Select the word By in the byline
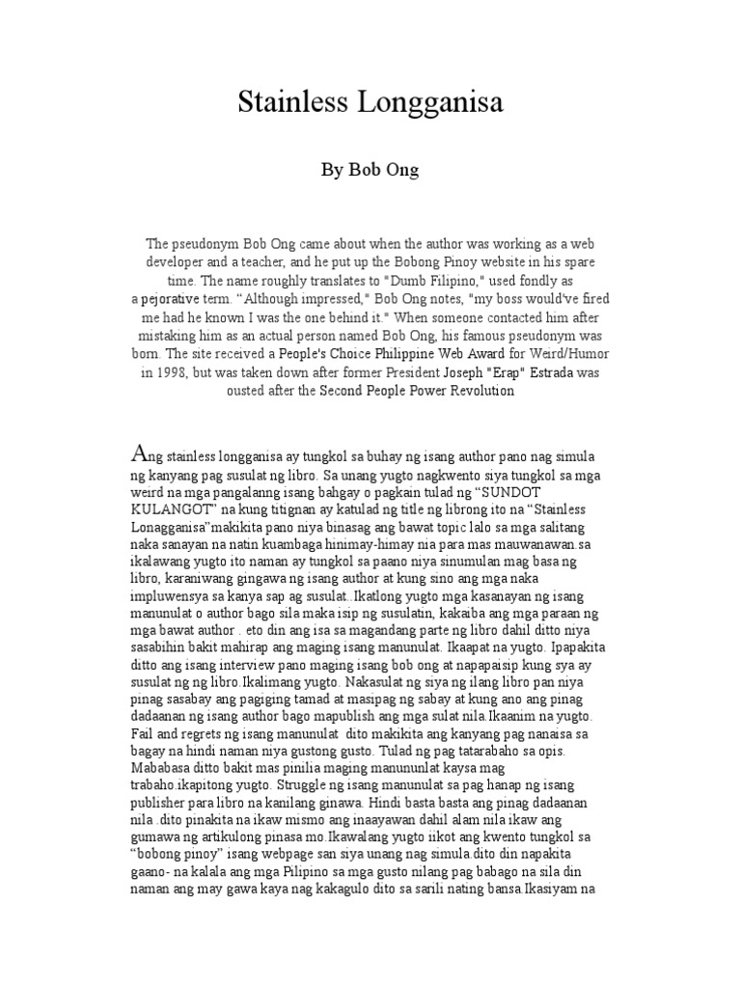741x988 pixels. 331,170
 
